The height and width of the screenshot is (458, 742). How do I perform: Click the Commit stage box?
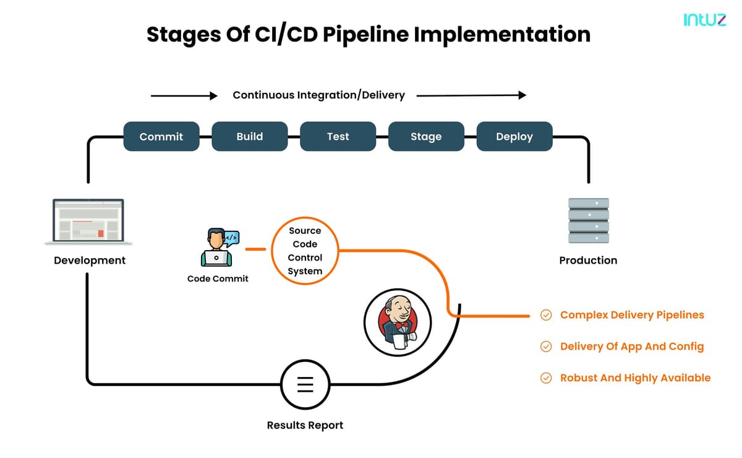pyautogui.click(x=161, y=136)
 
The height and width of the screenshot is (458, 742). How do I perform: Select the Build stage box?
pyautogui.click(x=250, y=136)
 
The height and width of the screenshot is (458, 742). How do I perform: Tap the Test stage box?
pyautogui.click(x=338, y=136)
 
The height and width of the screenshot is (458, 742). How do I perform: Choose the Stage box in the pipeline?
pyautogui.click(x=426, y=136)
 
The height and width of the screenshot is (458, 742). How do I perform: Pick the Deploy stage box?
pyautogui.click(x=514, y=136)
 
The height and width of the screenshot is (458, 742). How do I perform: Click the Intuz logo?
pyautogui.click(x=704, y=20)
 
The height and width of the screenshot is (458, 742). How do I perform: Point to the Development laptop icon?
pyautogui.click(x=88, y=221)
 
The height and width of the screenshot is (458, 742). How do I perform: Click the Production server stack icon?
pyautogui.click(x=589, y=220)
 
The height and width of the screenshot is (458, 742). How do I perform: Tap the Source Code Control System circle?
pyautogui.click(x=305, y=251)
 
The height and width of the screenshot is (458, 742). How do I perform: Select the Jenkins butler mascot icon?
pyautogui.click(x=398, y=322)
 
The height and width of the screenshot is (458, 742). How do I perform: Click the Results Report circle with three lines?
pyautogui.click(x=305, y=385)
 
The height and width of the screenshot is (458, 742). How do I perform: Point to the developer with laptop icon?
pyautogui.click(x=220, y=247)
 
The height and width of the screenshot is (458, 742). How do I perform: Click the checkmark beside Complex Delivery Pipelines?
pyautogui.click(x=546, y=315)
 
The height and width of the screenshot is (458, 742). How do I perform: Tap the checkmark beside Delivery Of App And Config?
pyautogui.click(x=546, y=347)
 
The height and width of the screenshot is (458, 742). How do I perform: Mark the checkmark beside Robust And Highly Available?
pyautogui.click(x=546, y=378)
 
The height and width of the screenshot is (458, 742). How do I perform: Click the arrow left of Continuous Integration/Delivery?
pyautogui.click(x=184, y=96)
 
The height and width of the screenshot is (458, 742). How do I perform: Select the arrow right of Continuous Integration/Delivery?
pyautogui.click(x=471, y=95)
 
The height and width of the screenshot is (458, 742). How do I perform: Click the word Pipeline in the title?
pyautogui.click(x=365, y=35)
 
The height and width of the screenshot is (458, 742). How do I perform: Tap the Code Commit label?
pyautogui.click(x=218, y=279)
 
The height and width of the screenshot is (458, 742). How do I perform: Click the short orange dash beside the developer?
pyautogui.click(x=256, y=249)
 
